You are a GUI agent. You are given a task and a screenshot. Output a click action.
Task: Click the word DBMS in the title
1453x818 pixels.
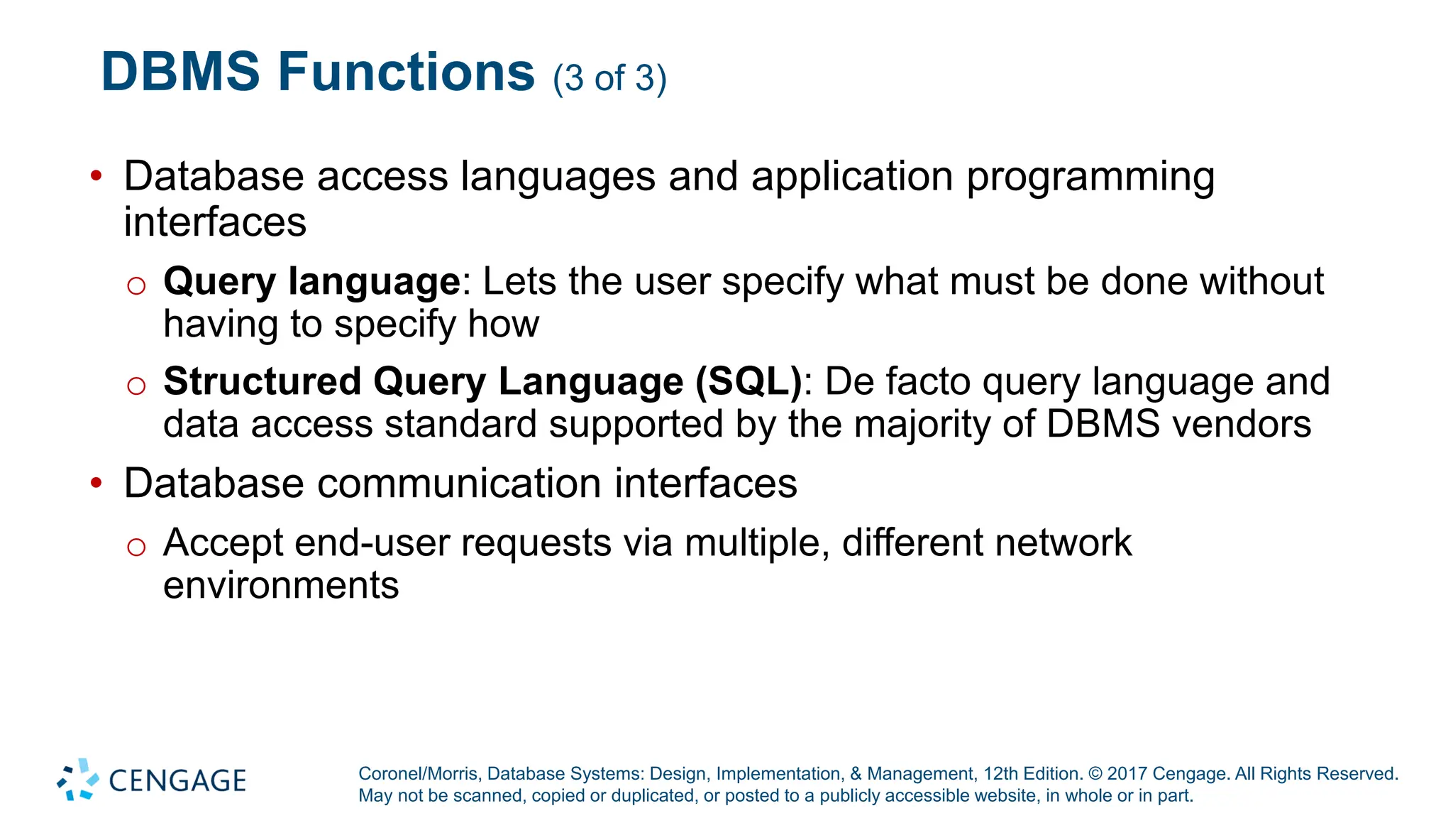pyautogui.click(x=180, y=72)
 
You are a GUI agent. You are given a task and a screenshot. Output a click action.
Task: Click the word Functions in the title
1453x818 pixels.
pyautogui.click(x=406, y=72)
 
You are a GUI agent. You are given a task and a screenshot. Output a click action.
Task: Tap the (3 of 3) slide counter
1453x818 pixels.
pyautogui.click(x=609, y=78)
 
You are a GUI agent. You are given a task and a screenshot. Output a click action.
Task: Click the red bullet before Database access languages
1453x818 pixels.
pyautogui.click(x=96, y=175)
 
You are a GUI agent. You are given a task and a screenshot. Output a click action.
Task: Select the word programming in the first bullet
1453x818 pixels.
pyautogui.click(x=1090, y=178)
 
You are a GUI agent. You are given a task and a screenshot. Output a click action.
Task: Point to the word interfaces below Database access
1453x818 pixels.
pyautogui.click(x=215, y=222)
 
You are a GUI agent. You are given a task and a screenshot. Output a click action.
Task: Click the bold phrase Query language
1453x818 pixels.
pyautogui.click(x=312, y=282)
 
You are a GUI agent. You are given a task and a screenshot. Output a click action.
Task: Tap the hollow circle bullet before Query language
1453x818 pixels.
pyautogui.click(x=136, y=285)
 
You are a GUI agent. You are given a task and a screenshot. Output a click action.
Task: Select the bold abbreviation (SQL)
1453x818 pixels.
pyautogui.click(x=748, y=382)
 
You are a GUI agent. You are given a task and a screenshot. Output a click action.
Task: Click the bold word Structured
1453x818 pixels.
pyautogui.click(x=263, y=381)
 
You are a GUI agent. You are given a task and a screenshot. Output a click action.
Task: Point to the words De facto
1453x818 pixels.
pyautogui.click(x=897, y=381)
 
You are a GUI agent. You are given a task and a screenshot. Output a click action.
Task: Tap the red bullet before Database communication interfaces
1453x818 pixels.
pyautogui.click(x=96, y=484)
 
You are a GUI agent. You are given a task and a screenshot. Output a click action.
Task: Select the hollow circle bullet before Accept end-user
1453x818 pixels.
pyautogui.click(x=136, y=547)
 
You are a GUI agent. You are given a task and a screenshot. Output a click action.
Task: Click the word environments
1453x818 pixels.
pyautogui.click(x=281, y=586)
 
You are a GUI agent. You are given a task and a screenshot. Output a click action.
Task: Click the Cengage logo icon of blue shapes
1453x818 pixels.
pyautogui.click(x=78, y=780)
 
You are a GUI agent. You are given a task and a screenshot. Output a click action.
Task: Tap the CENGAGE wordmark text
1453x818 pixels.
pyautogui.click(x=177, y=781)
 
